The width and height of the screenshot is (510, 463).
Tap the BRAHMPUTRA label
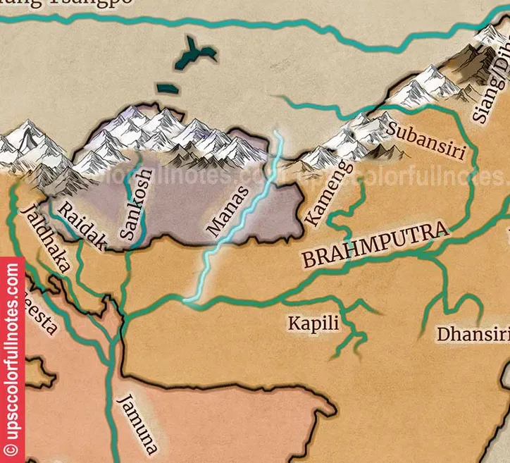point(375,246)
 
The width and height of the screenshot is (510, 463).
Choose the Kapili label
point(313,323)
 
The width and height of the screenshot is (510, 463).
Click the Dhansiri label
point(473,333)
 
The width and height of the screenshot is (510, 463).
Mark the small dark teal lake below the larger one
point(168,88)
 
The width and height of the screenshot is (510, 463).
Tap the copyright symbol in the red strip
point(12,447)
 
